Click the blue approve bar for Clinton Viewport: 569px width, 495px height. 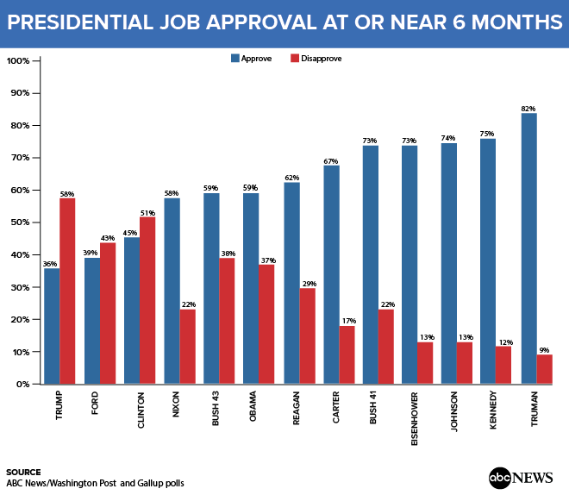pos(132,310)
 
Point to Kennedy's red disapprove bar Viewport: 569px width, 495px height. pos(503,365)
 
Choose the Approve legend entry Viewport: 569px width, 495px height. pos(253,59)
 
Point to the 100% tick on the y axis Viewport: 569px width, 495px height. pos(19,61)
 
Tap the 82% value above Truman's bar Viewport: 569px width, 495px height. pos(528,108)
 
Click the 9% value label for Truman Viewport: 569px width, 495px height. pos(544,348)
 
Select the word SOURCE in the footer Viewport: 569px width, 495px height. pos(23,472)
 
